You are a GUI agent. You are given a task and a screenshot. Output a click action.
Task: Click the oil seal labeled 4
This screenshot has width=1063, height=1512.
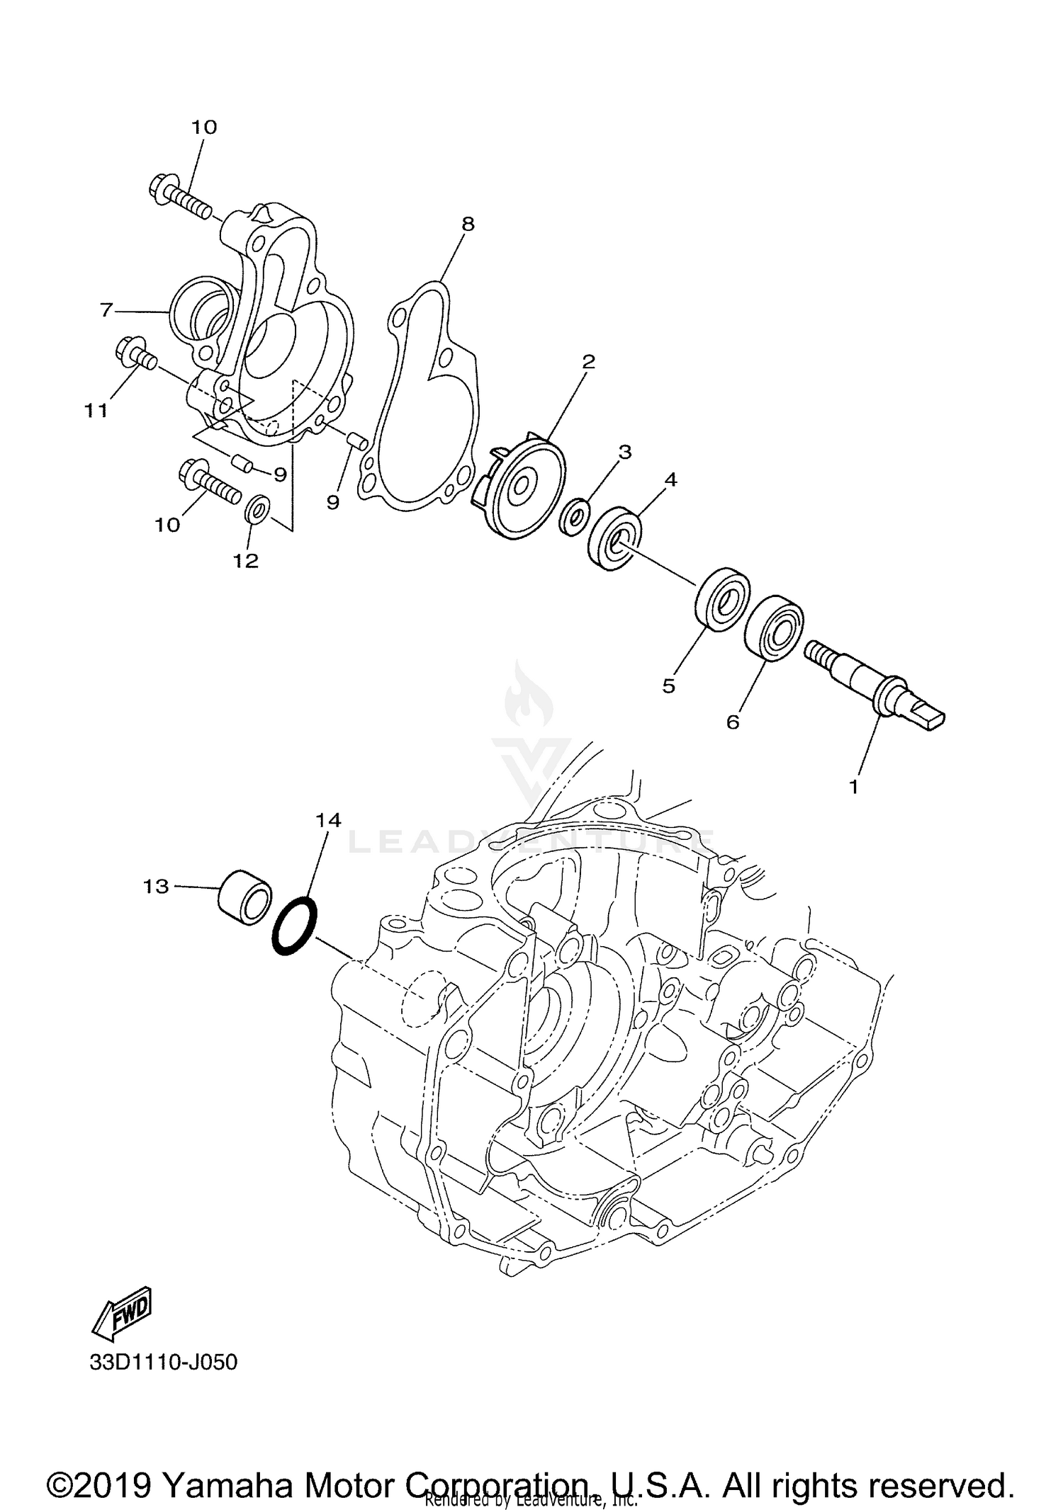(614, 538)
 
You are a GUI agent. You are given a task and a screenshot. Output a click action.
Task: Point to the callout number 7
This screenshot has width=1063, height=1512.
(106, 309)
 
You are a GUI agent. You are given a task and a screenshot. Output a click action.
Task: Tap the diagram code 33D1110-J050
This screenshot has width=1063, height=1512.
(163, 1362)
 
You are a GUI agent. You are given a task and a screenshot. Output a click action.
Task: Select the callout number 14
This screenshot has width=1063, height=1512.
(328, 819)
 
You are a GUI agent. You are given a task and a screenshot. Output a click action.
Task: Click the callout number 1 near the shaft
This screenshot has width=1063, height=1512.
(853, 786)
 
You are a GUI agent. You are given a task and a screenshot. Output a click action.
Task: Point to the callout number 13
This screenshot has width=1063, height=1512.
(156, 886)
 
